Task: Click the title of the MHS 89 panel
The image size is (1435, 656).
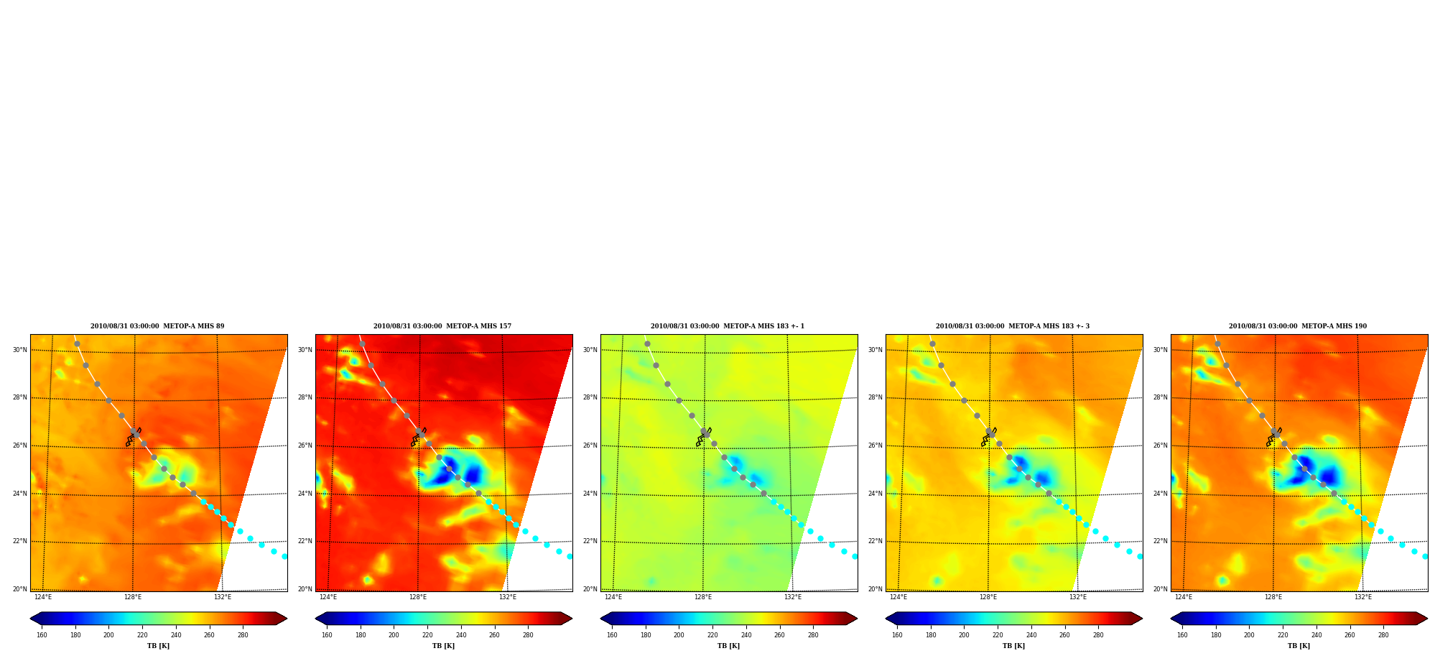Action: (157, 326)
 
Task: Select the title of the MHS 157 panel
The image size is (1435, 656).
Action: (442, 326)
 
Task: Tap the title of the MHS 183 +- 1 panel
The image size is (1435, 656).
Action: (728, 326)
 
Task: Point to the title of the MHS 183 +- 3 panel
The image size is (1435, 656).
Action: (1013, 326)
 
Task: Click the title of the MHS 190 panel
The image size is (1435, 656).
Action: (1298, 326)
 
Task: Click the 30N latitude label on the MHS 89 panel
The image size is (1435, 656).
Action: (20, 351)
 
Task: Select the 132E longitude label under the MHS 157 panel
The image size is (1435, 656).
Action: (508, 597)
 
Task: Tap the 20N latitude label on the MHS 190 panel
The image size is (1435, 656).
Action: (1161, 589)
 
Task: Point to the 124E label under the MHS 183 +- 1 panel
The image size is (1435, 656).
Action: (613, 597)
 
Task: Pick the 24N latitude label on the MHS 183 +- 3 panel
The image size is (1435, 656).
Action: (876, 494)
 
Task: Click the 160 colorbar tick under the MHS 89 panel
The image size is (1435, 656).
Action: (42, 635)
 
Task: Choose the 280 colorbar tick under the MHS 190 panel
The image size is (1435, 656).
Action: (1383, 635)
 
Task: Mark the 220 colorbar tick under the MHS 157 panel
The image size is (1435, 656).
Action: (427, 635)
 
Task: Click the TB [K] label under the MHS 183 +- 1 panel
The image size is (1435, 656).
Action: (729, 646)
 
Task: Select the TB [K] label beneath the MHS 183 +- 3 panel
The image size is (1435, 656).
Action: (1014, 646)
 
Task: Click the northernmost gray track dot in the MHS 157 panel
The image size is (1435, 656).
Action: (362, 343)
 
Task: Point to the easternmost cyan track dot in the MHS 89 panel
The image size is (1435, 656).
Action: (284, 556)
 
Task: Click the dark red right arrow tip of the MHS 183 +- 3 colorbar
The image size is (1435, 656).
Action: (1142, 619)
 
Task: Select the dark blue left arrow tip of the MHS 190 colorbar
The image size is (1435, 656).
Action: (1171, 619)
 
